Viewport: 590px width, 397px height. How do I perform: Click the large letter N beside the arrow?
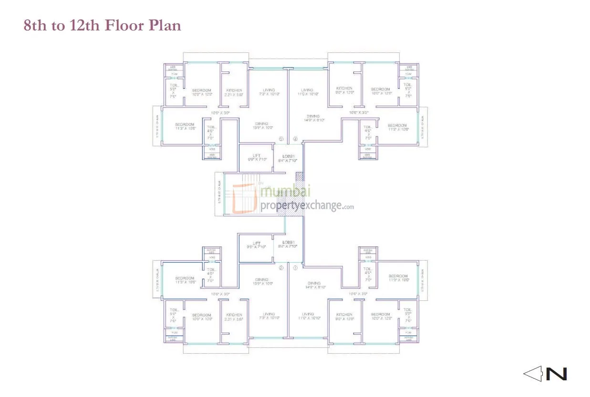556,374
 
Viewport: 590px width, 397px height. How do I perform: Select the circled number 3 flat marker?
281,139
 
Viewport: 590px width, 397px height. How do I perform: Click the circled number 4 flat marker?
295,139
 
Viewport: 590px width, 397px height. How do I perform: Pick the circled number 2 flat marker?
281,268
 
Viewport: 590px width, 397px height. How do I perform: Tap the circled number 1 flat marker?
295,268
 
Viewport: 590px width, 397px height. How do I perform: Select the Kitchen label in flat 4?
344,88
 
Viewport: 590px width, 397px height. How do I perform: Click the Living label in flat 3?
269,90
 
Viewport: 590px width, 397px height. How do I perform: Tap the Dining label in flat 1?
313,283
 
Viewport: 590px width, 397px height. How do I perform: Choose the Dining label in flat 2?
262,280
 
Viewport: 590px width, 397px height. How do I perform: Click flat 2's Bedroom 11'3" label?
185,278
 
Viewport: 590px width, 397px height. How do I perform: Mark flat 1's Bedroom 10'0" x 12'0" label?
381,315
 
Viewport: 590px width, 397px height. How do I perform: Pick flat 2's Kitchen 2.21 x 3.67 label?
234,315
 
